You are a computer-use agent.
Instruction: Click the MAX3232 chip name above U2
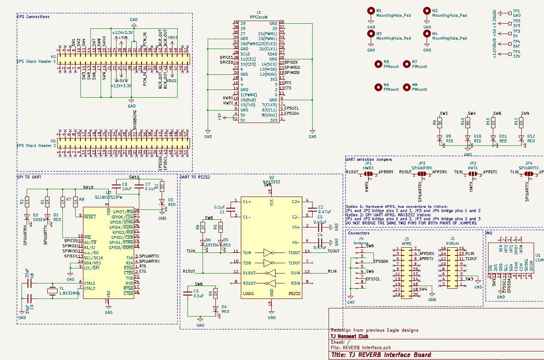(271, 182)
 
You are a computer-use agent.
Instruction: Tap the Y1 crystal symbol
(52, 291)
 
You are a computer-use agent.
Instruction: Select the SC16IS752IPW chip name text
(108, 197)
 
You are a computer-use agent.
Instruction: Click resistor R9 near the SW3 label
(440, 123)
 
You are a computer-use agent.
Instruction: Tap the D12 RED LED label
(531, 138)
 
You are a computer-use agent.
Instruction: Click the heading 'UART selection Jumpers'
(369, 159)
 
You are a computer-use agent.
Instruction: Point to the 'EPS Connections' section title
(33, 17)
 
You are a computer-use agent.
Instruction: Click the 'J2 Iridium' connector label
(452, 241)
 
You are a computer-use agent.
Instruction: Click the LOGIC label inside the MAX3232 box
(249, 294)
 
